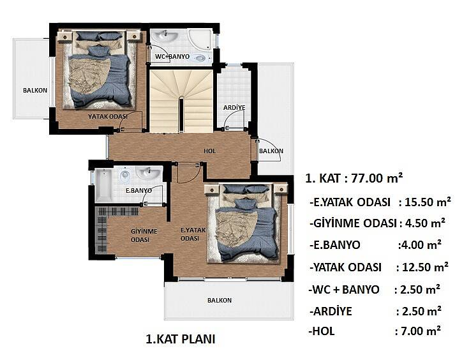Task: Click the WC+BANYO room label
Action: pos(172,56)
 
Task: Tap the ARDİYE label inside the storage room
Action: pos(234,107)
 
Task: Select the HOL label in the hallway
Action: pos(209,151)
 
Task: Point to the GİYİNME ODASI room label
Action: pos(144,236)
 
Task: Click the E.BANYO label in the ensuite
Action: pos(138,191)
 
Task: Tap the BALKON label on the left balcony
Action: pos(35,90)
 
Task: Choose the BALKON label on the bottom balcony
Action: pos(220,300)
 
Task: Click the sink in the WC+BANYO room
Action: pos(165,37)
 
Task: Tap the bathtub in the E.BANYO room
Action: pos(103,186)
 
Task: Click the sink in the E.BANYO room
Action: pos(148,173)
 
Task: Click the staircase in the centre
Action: pos(181,101)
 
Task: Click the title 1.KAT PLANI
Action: pos(180,339)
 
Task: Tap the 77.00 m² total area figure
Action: pos(377,178)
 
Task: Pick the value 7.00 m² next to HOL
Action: pos(421,331)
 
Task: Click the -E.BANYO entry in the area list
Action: pos(335,245)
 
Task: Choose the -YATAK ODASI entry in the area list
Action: pos(345,267)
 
